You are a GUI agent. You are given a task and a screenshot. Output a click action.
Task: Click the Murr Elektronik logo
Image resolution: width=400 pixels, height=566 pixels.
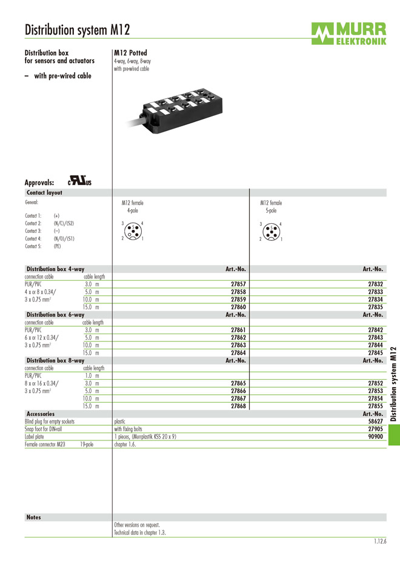pyautogui.click(x=348, y=33)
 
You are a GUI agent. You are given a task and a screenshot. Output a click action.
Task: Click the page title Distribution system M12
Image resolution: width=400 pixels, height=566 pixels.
pyautogui.click(x=77, y=30)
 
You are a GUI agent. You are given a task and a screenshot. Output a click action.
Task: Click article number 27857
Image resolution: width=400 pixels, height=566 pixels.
pyautogui.click(x=238, y=284)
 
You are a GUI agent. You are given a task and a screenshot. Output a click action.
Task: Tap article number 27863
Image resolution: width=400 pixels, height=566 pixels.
pyautogui.click(x=238, y=345)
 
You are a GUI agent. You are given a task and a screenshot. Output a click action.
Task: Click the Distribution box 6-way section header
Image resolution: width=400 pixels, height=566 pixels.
pyautogui.click(x=55, y=315)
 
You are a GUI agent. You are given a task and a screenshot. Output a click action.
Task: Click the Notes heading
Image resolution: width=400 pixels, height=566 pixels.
pyautogui.click(x=34, y=517)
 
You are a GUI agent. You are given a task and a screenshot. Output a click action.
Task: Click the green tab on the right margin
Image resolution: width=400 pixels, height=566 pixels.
pyautogui.click(x=393, y=434)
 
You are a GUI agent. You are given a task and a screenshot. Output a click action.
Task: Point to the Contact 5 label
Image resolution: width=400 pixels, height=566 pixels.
pyautogui.click(x=33, y=246)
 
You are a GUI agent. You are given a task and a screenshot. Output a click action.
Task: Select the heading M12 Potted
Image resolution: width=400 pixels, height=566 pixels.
pyautogui.click(x=130, y=53)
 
